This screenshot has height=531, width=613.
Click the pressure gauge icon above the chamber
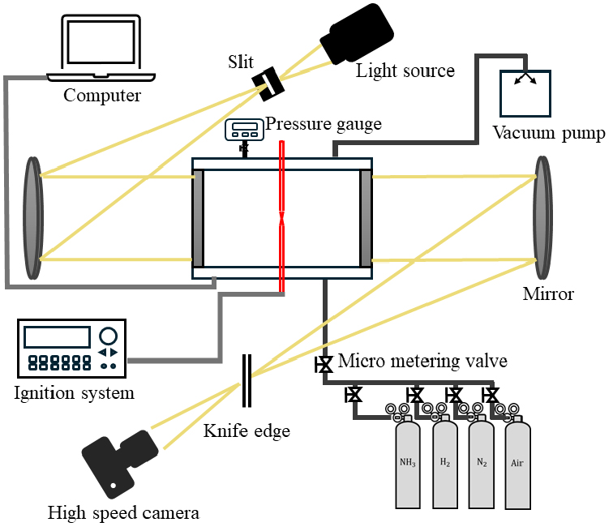click(x=243, y=129)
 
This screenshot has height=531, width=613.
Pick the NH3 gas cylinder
click(x=408, y=462)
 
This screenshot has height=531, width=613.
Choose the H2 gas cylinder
click(x=445, y=462)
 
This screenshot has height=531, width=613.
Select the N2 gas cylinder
click(x=482, y=462)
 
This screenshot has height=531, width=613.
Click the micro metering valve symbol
click(x=324, y=365)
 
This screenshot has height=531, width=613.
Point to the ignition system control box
click(x=71, y=348)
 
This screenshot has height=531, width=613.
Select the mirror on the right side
click(x=542, y=218)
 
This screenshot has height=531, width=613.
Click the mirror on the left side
click(x=32, y=218)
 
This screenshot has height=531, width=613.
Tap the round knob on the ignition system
click(x=107, y=335)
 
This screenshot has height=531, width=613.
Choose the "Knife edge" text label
click(x=246, y=430)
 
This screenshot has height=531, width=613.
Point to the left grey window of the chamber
click(x=198, y=218)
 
